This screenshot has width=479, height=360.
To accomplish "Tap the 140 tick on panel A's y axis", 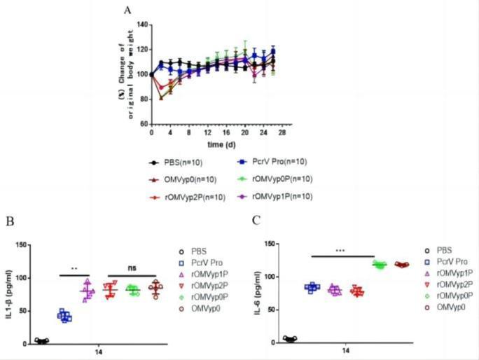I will [142, 25].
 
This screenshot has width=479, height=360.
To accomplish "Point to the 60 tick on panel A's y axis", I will [144, 124].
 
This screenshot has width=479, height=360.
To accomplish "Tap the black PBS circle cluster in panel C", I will [290, 339].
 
